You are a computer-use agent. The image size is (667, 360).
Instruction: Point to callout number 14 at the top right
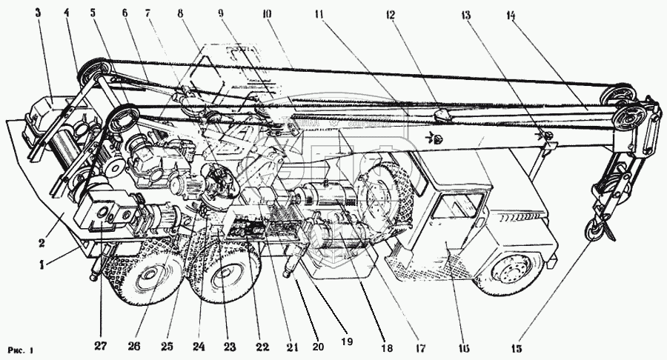pyautogui.click(x=513, y=13)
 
